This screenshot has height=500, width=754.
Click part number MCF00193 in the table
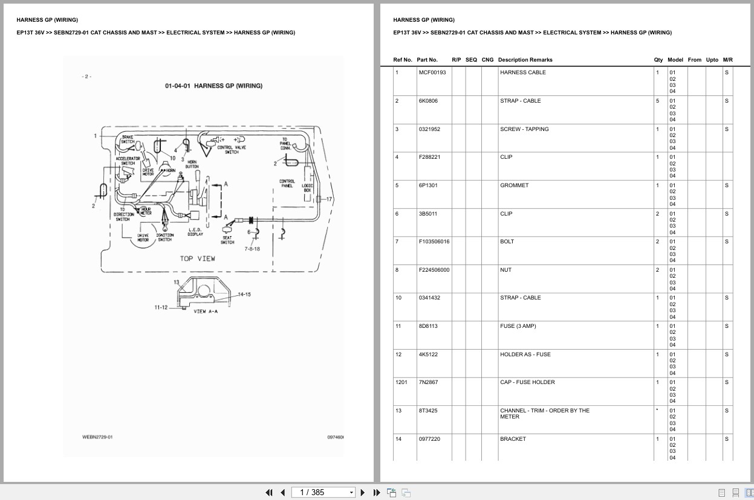(432, 72)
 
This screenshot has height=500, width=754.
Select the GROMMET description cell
(514, 185)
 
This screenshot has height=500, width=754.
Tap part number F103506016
(434, 242)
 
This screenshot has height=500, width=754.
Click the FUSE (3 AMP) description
(518, 326)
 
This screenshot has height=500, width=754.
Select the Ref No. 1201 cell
(401, 382)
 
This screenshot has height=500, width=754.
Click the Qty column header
(658, 60)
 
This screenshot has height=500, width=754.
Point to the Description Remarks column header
(525, 60)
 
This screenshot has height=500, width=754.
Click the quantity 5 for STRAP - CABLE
(657, 101)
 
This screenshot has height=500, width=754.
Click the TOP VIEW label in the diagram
(197, 258)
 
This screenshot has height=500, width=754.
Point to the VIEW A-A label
(206, 312)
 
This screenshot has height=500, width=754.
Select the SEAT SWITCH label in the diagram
(227, 240)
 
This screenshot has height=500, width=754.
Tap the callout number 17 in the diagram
(330, 199)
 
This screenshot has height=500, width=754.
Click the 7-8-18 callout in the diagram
(252, 249)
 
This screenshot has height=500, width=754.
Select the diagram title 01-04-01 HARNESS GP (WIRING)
(213, 86)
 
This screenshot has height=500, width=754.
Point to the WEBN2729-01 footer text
(97, 437)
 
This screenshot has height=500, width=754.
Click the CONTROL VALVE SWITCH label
(232, 150)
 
